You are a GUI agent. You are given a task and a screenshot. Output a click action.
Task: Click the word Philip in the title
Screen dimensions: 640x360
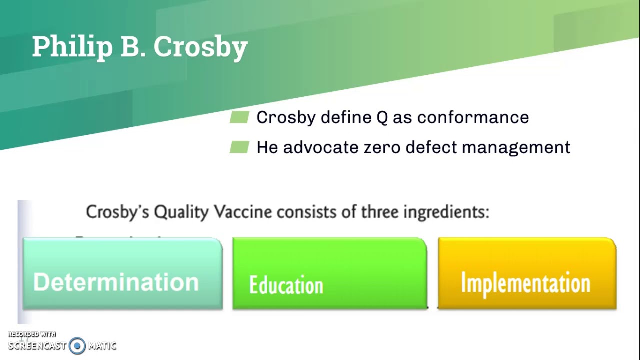pos(72,47)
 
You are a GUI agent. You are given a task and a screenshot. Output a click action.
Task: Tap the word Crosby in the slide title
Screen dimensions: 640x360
pos(201,47)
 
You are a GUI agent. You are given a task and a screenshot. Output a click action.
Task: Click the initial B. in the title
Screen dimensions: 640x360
pos(133,47)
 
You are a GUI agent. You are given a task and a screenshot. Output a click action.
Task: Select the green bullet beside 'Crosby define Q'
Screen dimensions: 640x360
pos(239,117)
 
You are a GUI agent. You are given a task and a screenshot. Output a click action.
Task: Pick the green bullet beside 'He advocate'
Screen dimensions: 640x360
pos(239,147)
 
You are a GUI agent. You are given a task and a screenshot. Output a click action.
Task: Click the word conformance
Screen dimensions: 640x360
pos(473,117)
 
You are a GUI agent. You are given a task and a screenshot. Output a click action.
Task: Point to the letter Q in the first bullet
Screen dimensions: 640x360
pos(382,117)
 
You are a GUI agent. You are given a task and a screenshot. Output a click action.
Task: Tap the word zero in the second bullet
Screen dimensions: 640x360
pos(382,147)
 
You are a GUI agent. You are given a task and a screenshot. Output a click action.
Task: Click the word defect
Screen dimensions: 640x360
pos(431,147)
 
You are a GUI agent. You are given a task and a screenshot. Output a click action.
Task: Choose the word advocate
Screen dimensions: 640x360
pos(321,147)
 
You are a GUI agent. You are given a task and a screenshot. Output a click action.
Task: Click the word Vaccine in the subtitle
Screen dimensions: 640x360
pos(243,212)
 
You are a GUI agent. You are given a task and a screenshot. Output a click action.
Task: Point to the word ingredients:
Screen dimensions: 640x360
pos(446,213)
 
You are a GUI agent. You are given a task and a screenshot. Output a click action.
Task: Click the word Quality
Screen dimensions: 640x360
pos(181,213)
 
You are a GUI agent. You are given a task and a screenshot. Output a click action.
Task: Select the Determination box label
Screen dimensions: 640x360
pos(116,282)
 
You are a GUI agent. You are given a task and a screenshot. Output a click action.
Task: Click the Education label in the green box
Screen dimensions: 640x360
pos(286,285)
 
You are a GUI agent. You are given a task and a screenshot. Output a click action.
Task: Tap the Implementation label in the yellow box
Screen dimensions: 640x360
pos(525,283)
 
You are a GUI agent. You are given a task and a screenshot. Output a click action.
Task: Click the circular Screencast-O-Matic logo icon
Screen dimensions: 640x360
pos(77,346)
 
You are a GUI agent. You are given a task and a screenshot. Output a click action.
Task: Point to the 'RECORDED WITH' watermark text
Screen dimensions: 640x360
pos(32,334)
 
